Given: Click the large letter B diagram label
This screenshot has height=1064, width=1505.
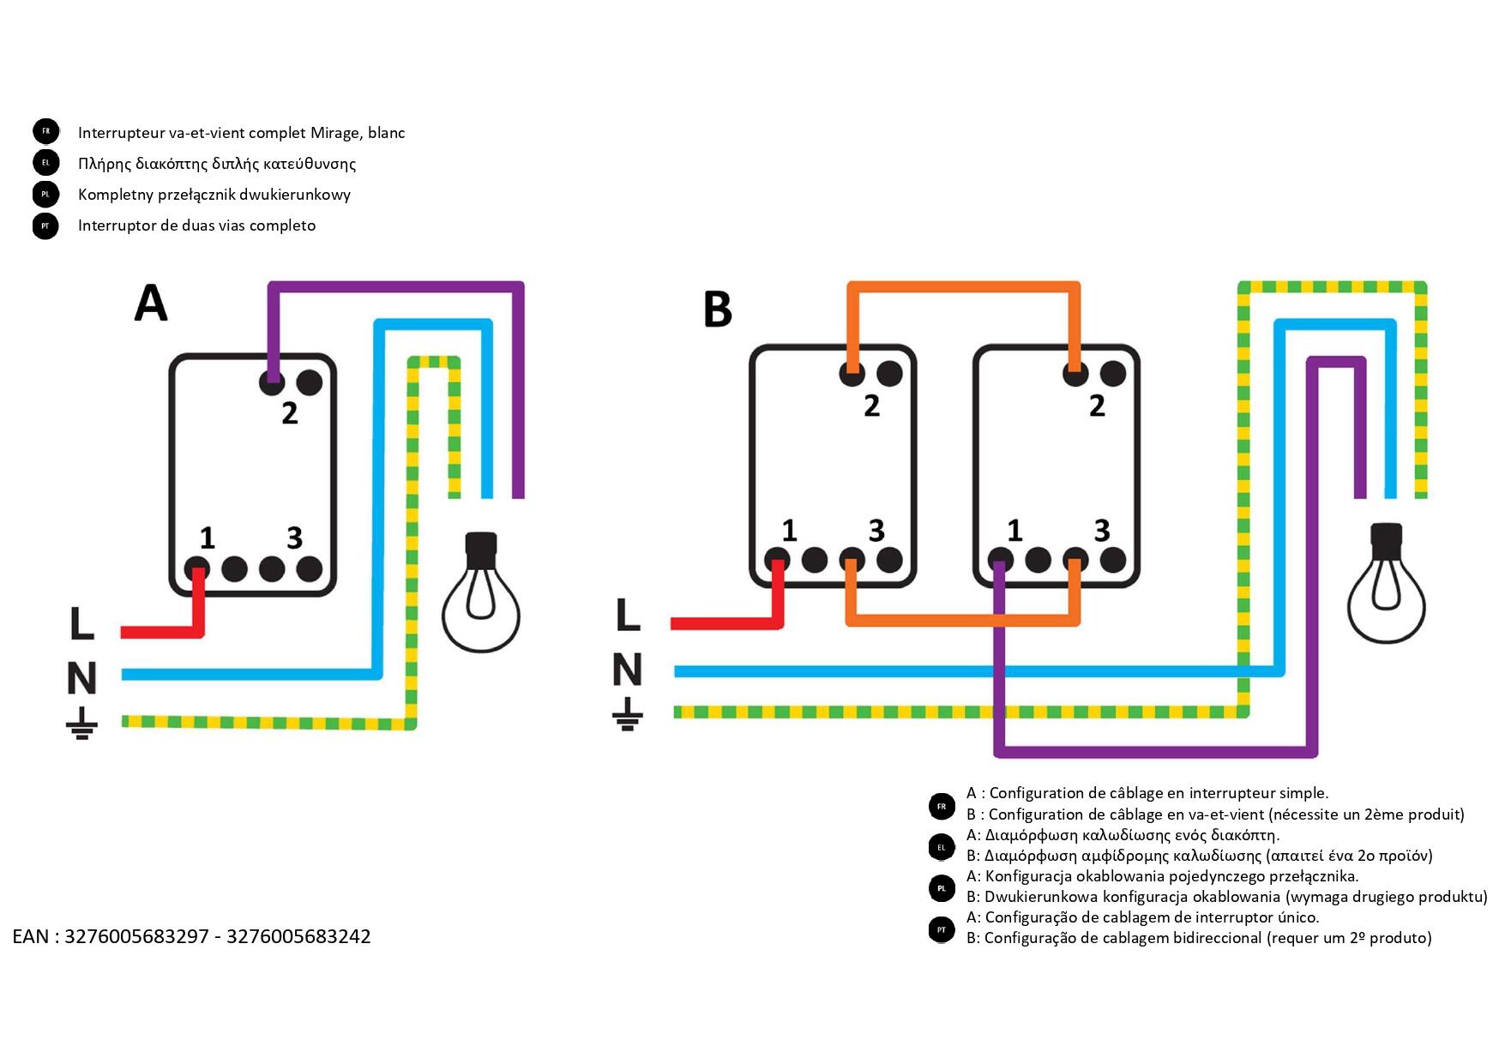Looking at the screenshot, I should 718,310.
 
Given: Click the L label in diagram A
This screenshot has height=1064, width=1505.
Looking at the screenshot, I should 81,623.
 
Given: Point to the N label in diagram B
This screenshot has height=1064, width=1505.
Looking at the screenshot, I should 628,670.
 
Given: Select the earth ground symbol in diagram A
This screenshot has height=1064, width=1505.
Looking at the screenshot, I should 81,724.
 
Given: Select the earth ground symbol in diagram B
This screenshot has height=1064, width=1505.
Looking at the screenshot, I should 628,713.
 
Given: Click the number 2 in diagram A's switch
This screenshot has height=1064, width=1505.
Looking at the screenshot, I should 290,413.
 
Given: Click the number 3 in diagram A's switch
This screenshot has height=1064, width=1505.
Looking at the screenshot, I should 294,538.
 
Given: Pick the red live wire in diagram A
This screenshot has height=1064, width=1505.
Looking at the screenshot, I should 163,632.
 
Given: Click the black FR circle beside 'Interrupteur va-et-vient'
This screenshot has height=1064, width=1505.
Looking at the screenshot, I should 46,131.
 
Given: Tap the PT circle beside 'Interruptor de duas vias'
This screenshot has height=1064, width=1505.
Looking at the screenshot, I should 46,226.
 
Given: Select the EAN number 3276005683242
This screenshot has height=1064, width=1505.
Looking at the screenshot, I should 298,936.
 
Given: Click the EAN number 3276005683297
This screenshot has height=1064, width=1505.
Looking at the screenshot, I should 136,936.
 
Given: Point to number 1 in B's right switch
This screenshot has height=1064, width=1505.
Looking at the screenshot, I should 1014,531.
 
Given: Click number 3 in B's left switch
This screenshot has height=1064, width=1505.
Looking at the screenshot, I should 876,531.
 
